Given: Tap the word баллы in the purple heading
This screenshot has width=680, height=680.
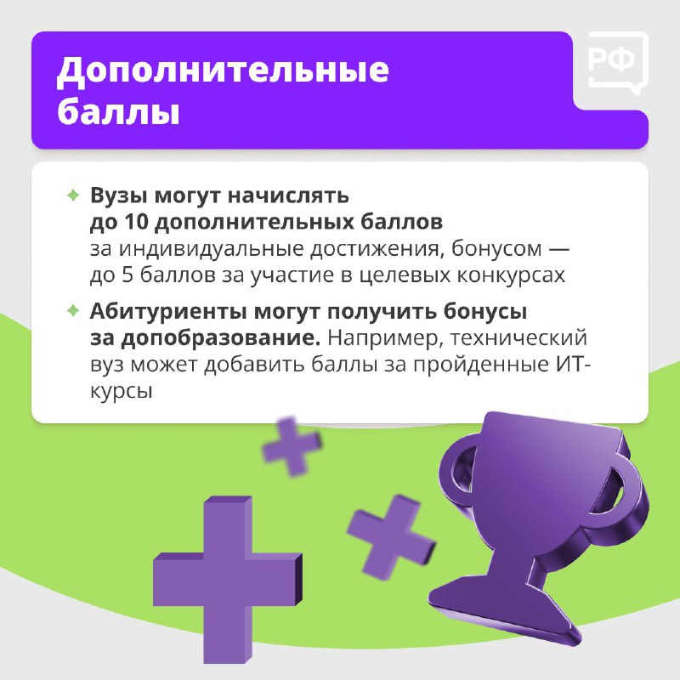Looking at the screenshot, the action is [118, 111].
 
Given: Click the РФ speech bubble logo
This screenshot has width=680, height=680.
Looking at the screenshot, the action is [618, 63].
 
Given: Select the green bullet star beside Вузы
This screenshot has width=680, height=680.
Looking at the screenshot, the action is [73, 195].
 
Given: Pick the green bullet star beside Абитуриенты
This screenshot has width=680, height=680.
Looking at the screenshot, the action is [73, 310].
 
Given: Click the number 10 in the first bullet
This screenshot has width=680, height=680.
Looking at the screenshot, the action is [137, 222].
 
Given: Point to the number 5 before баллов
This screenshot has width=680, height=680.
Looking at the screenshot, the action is [127, 275].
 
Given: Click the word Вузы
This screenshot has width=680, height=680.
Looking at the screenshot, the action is [119, 195].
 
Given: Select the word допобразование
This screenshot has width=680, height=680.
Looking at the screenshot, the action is [221, 337].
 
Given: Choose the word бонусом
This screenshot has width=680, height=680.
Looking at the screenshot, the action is [496, 249].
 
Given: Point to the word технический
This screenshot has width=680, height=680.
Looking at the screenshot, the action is [518, 337].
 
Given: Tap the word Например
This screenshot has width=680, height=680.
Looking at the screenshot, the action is [386, 338].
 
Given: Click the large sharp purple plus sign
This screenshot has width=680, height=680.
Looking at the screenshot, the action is [227, 579].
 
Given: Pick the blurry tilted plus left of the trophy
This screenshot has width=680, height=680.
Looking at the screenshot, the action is [390, 536].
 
